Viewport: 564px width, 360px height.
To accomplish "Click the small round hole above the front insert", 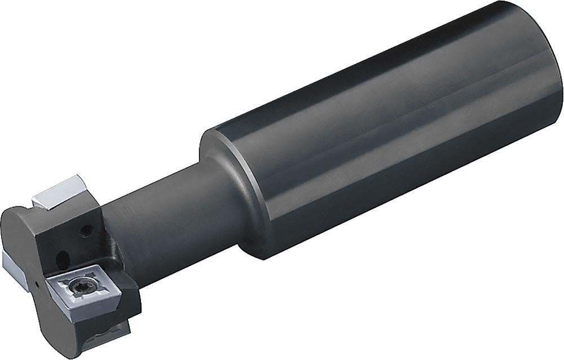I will pos(86,229).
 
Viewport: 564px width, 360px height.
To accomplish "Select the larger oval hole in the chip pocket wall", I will pos(64,259).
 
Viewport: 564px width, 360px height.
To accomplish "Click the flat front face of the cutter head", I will pos(23,237).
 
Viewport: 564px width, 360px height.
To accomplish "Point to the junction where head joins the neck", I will pos(113,237).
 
